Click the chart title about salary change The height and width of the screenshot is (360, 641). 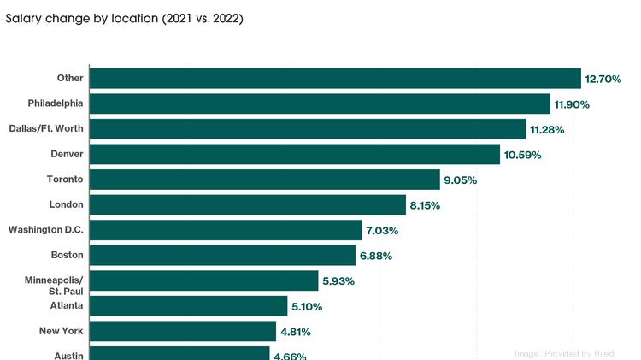[125, 18]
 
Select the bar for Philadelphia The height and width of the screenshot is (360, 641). [320, 103]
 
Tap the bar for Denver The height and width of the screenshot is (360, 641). [294, 154]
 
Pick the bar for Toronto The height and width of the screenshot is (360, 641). [264, 180]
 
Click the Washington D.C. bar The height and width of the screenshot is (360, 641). [226, 230]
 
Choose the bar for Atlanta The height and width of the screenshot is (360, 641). [188, 306]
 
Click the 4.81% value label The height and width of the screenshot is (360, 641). [292, 332]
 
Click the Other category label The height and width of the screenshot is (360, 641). [70, 78]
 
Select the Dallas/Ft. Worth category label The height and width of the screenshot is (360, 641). [52, 128]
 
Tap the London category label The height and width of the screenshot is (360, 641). [67, 204]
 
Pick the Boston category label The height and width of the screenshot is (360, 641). [68, 255]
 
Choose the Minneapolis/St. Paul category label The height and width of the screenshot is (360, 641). [55, 286]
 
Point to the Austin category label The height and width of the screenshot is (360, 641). [68, 354]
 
